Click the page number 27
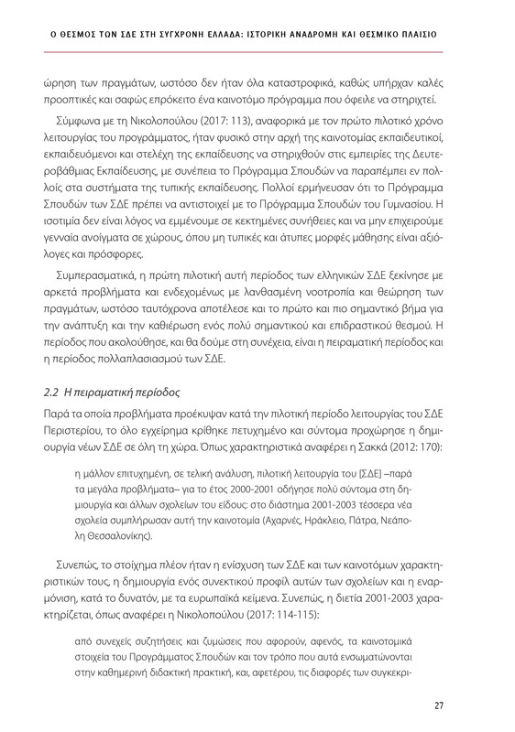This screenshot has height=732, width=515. (x=439, y=704)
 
